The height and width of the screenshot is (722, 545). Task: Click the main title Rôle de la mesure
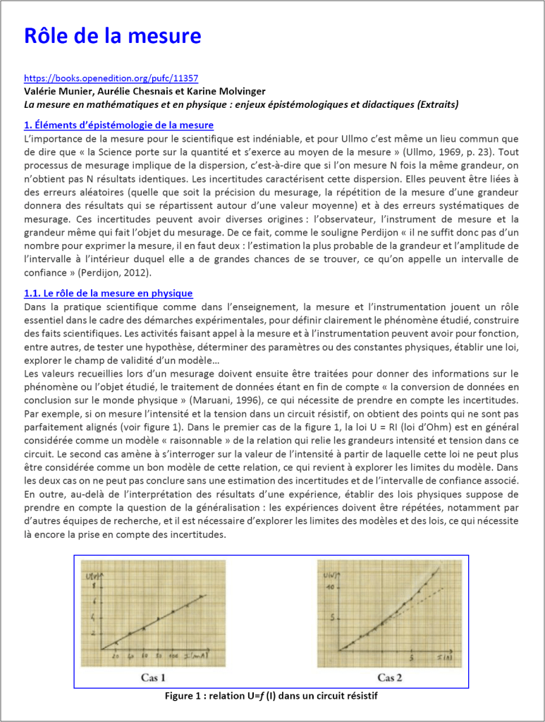(x=112, y=36)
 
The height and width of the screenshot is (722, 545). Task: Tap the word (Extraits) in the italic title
(x=427, y=104)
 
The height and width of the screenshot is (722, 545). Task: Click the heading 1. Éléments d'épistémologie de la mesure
(x=118, y=126)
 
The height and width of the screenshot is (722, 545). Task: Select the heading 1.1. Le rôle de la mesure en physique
(x=108, y=293)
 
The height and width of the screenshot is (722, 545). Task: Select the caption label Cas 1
(x=153, y=678)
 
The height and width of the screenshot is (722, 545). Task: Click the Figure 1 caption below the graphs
(x=271, y=696)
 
